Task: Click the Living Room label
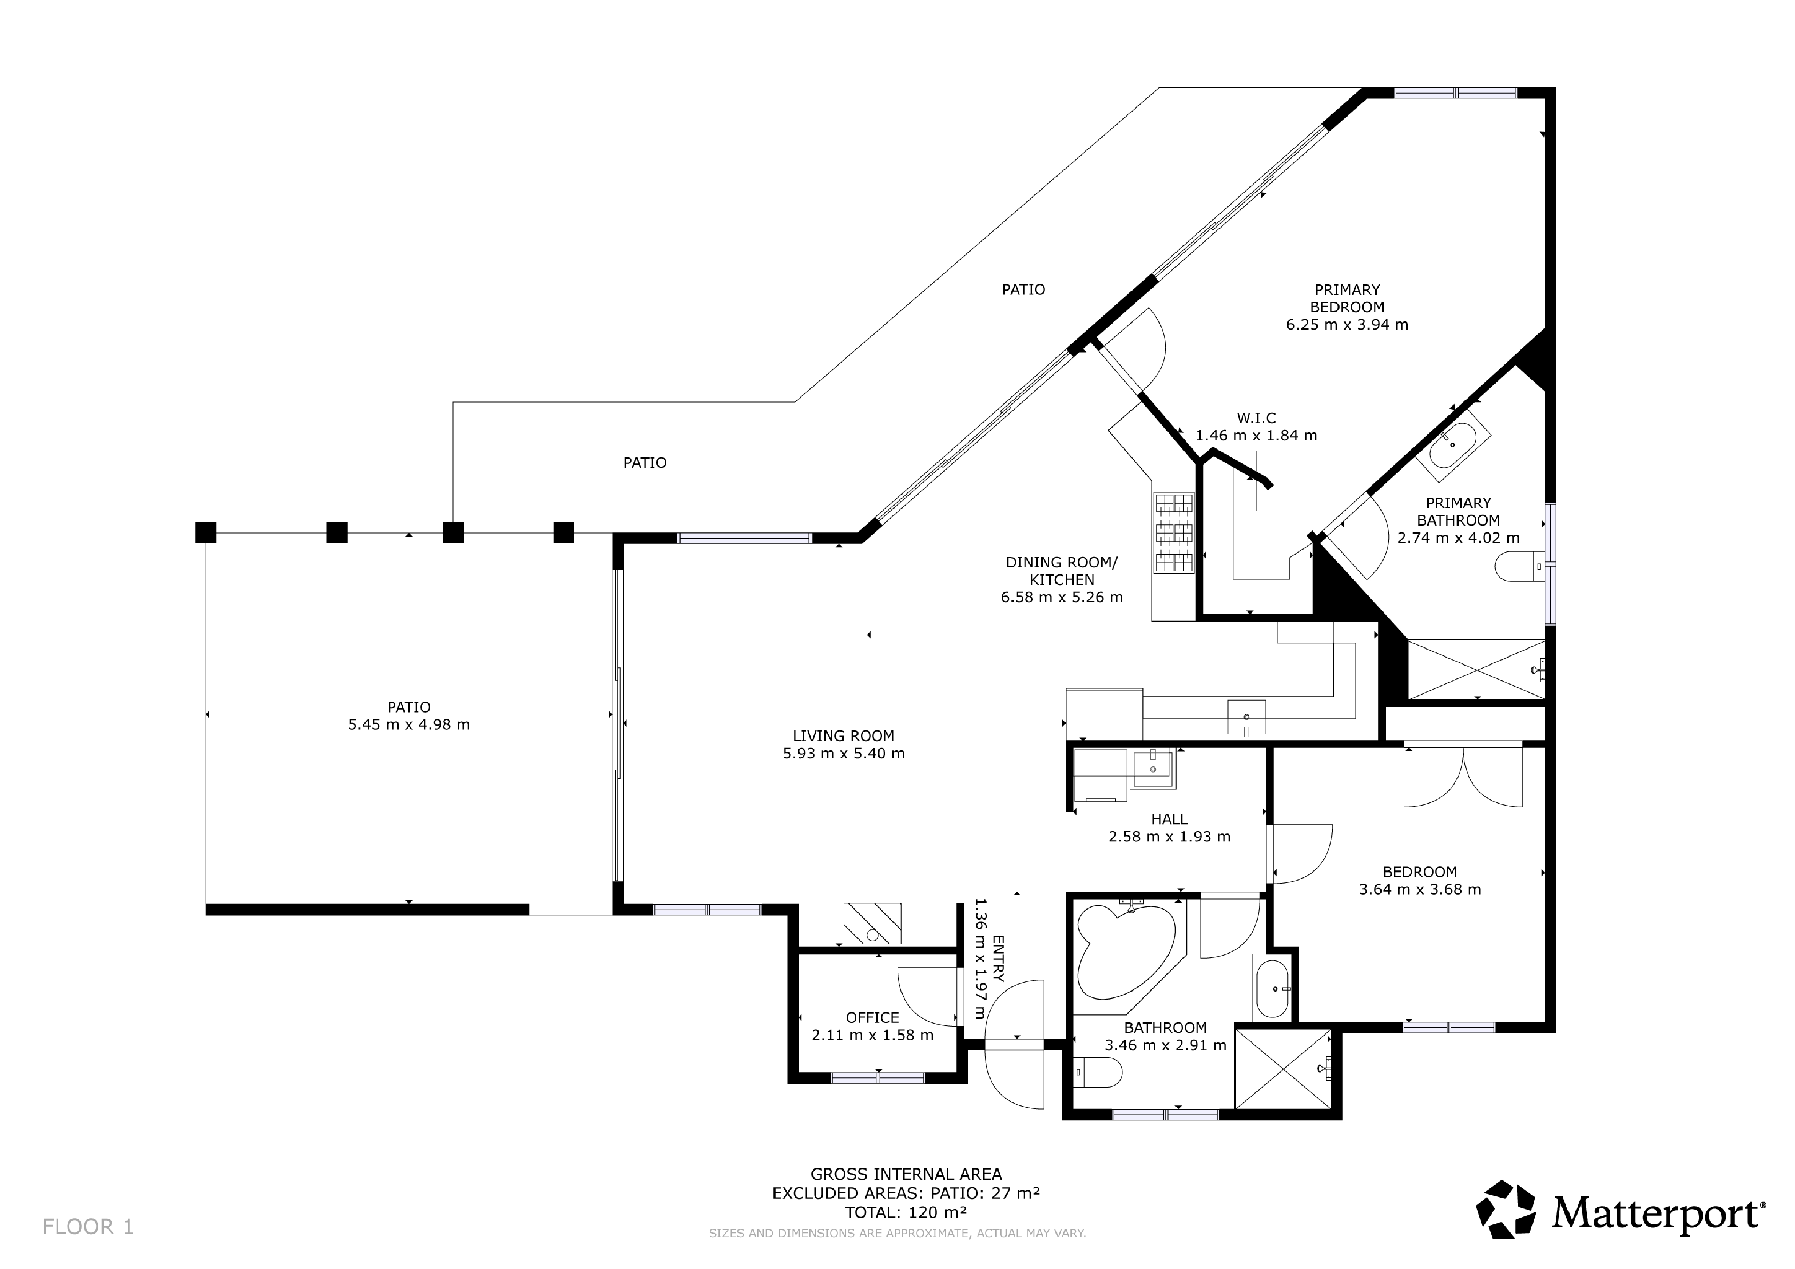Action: coord(844,736)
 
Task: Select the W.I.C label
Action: coord(1256,419)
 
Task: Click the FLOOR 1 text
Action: coord(88,1227)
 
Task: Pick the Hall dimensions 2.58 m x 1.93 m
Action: coord(1170,837)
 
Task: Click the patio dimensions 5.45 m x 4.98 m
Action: coord(409,724)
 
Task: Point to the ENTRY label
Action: coord(997,958)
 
